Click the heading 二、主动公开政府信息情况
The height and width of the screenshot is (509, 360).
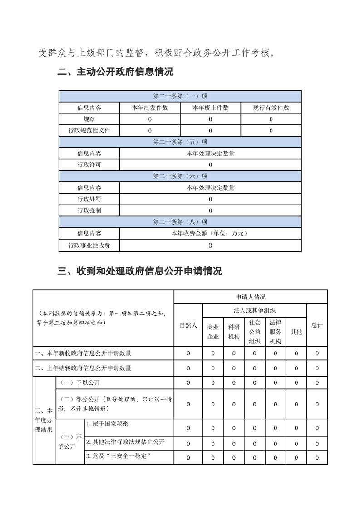116,72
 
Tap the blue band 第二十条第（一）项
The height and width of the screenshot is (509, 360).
180,96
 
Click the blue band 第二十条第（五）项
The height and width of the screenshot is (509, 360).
180,142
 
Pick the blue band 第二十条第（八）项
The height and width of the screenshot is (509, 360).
180,222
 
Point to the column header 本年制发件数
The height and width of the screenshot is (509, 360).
150,108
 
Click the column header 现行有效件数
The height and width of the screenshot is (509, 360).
271,108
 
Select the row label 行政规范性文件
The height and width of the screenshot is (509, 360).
89,131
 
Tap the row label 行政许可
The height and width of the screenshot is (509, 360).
89,165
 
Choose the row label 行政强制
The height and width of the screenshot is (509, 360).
89,210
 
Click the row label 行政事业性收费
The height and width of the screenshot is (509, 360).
89,245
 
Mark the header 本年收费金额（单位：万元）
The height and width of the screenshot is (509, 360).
210,233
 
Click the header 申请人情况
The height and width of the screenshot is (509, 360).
251,297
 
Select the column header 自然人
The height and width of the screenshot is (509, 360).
188,325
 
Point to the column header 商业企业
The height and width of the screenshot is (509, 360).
213,332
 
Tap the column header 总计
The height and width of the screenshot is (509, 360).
317,325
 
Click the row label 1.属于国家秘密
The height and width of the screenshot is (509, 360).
107,424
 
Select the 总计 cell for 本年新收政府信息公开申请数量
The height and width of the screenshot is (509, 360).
317,353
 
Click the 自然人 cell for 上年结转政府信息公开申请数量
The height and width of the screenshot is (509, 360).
188,368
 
